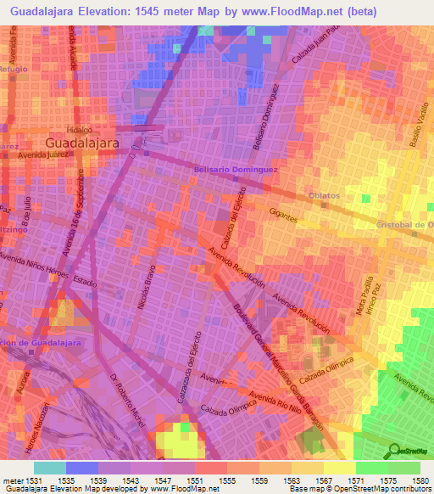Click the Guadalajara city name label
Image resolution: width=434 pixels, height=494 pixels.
pos(81,143)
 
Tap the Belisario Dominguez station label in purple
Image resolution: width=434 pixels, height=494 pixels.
pos(236,170)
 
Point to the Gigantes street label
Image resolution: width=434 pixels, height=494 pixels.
pos(282,217)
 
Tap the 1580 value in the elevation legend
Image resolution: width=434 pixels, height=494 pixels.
pos(420,480)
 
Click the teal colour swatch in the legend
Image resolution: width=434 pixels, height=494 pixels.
pos(50,468)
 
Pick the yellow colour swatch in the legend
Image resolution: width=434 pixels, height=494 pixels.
pos(340,468)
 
